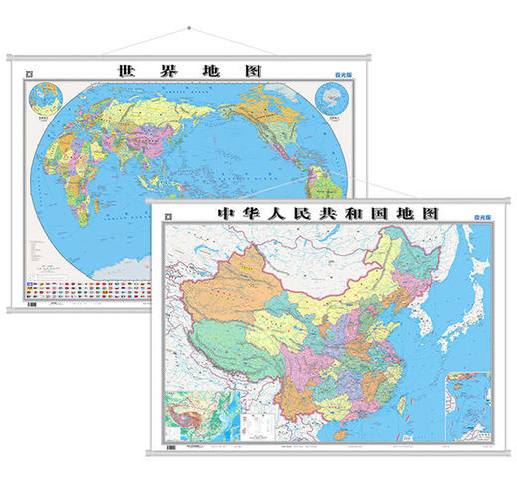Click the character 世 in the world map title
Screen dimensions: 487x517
coord(125,73)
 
